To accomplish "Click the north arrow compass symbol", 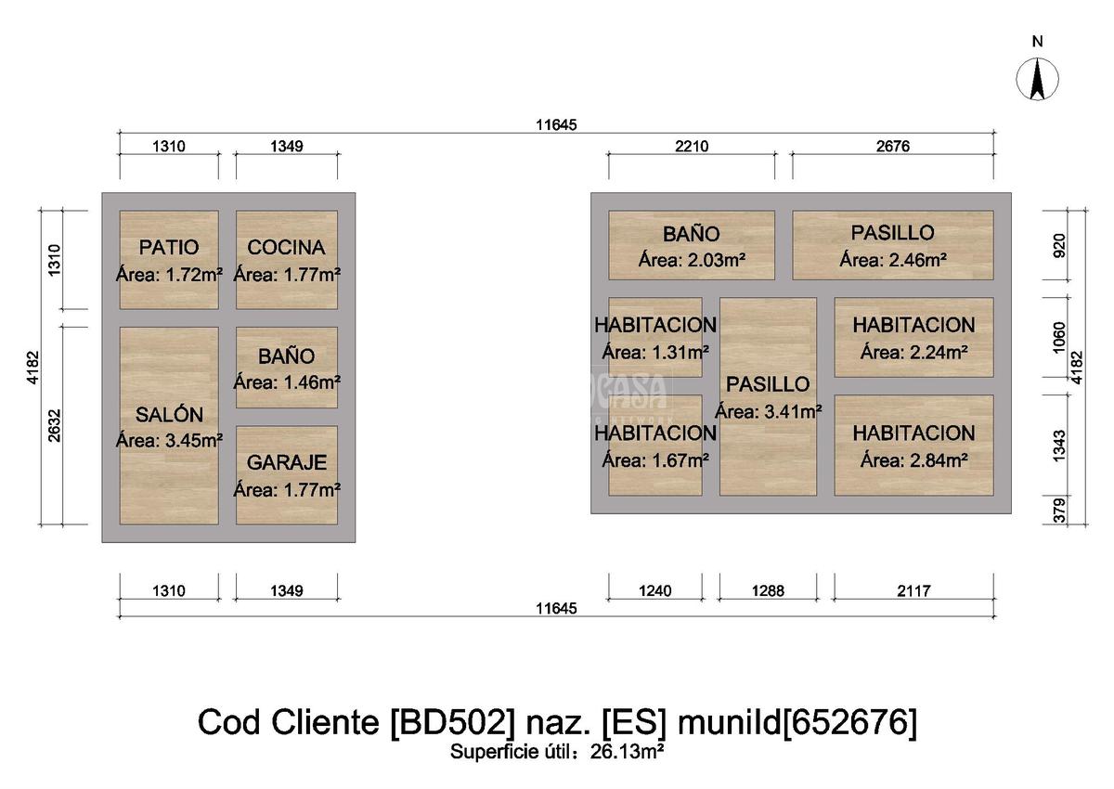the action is [x=1038, y=79].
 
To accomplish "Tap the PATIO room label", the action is [x=169, y=248].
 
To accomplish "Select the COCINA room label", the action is [x=286, y=248].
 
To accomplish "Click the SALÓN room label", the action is [x=169, y=415].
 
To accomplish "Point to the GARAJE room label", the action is [x=286, y=462].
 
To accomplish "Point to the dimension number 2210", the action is [x=691, y=146].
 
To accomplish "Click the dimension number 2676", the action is [x=892, y=146].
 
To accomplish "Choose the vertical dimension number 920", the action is [x=1060, y=245].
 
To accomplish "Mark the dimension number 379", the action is [x=1060, y=511].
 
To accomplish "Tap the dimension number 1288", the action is [x=768, y=590].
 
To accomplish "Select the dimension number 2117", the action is [x=913, y=590].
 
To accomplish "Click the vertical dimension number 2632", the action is [x=54, y=426].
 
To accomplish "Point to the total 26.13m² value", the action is [x=627, y=751].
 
